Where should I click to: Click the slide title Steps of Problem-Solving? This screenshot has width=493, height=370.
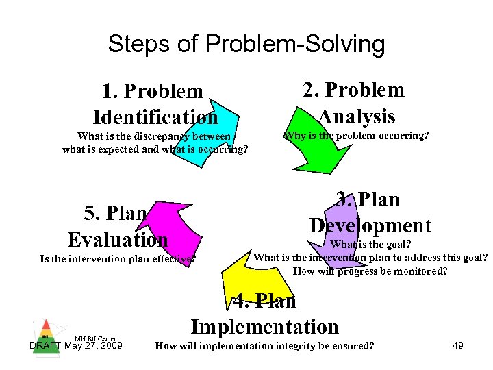point(246,45)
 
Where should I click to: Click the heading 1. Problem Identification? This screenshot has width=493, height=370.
point(155,103)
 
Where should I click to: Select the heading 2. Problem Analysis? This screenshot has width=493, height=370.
point(354,102)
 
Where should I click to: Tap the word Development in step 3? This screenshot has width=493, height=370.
point(370,225)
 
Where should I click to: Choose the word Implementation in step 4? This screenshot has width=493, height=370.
point(265,327)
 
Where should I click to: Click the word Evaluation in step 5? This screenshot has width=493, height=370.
point(118,239)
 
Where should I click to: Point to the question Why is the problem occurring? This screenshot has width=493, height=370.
point(356,136)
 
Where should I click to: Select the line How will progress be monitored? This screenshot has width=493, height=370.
point(370,271)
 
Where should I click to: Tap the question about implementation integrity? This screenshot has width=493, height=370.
point(265,346)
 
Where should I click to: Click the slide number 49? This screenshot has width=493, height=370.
point(458,345)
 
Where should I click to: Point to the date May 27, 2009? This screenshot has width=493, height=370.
point(93,345)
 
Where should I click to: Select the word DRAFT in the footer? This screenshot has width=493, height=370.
point(46,345)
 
